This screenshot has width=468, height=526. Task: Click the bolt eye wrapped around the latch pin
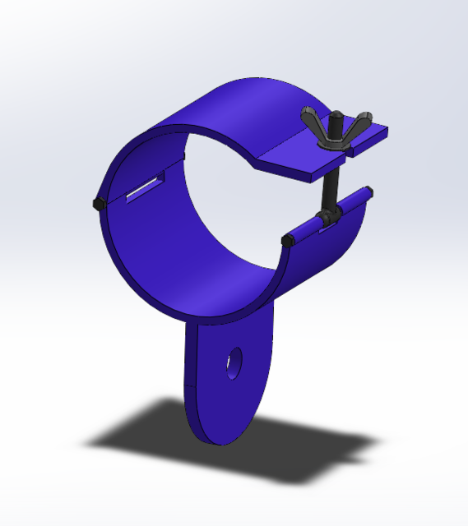(329, 218)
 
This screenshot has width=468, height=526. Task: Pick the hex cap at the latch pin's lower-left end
(288, 240)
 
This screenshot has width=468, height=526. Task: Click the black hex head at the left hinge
(98, 202)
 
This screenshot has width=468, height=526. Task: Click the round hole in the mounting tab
(235, 362)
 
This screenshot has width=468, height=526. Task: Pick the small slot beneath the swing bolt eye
(329, 230)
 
